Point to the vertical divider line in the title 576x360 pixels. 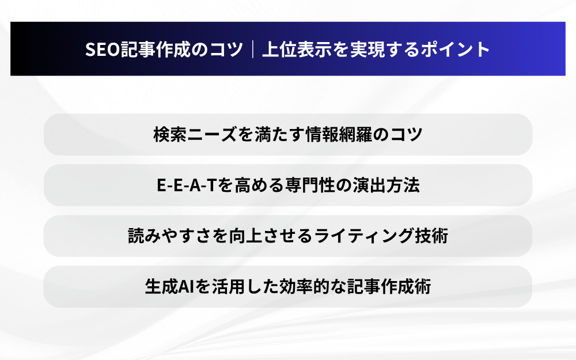253,49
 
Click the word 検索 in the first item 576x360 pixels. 170,134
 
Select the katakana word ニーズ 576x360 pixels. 213,134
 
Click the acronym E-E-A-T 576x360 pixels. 186,185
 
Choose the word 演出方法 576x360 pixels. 386,185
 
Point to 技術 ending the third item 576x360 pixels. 431,236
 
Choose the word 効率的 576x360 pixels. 305,287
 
